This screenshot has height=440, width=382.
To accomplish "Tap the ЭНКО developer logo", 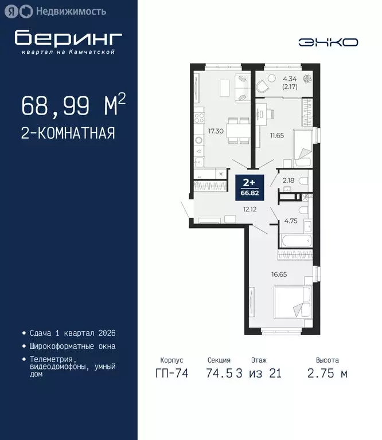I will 328,42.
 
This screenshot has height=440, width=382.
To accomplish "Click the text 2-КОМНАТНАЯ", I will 68,133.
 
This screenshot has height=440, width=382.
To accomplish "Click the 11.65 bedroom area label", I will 278,135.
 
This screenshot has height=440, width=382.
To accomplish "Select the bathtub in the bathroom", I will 295,240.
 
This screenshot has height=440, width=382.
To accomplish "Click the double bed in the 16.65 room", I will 291,302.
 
